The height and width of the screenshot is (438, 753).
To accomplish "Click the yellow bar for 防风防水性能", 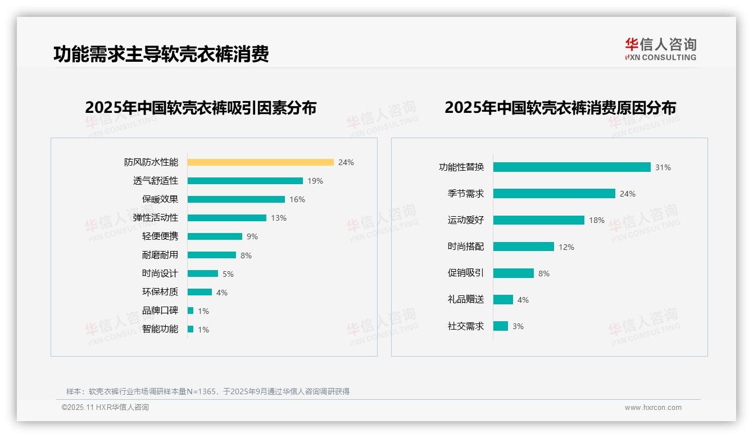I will coord(260,162).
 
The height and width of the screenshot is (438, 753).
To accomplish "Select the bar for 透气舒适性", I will coord(245,181).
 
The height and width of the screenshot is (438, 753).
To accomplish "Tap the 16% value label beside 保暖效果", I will coord(297,199).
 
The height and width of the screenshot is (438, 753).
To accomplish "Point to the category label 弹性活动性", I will coord(156,218).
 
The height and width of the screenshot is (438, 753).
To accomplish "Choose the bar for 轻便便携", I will coord(215,236).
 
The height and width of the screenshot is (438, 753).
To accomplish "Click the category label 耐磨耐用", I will coord(160,255).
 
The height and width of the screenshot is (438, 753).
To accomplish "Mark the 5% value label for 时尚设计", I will coord(228,274).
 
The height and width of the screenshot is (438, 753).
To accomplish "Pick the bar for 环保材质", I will coord(199,292).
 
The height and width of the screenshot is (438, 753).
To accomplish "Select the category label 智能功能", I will coord(160,329).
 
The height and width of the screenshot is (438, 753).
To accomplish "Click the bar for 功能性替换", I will coord(571,167).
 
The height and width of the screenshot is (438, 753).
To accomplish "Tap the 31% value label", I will coord(663,167).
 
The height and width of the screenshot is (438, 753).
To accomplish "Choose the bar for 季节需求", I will coord(554,194).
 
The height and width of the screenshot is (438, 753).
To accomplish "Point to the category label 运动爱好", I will coord(466,220).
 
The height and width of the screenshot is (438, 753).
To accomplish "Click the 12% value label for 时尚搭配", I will coord(566,247).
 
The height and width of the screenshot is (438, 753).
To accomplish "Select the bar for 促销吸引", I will coord(514,273).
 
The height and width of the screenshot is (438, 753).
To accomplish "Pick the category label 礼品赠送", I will coord(466,300).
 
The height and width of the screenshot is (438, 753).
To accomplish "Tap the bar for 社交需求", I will coord(501,326).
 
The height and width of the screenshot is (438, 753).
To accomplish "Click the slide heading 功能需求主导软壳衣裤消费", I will coord(161,54).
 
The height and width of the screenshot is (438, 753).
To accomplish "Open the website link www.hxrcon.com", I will coord(653,408).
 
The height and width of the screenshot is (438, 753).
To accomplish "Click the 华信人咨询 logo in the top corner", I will coord(660,49).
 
